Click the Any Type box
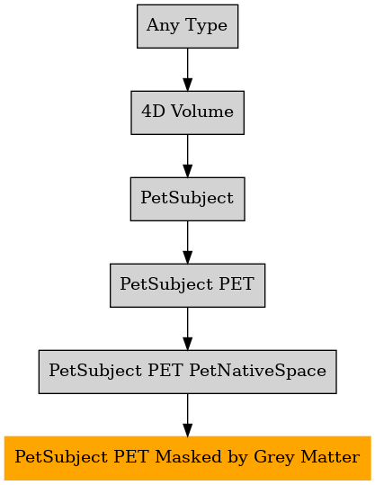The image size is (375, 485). [187, 26]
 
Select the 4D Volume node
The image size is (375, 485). [187, 112]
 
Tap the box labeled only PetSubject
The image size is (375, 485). [187, 199]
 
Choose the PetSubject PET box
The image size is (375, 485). [187, 285]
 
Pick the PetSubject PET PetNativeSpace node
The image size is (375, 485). [187, 372]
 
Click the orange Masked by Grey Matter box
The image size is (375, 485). [187, 458]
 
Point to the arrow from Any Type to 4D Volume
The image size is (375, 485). [187, 69]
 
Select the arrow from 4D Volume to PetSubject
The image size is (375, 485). [187, 156]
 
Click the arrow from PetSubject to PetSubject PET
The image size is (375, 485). [187, 242]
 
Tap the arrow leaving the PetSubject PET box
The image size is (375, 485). [187, 328]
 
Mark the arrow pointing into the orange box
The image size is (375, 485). [187, 415]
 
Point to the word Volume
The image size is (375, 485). [202, 112]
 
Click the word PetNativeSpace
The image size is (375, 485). [257, 371]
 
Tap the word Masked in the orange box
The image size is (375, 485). [188, 457]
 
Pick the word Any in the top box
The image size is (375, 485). [163, 26]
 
